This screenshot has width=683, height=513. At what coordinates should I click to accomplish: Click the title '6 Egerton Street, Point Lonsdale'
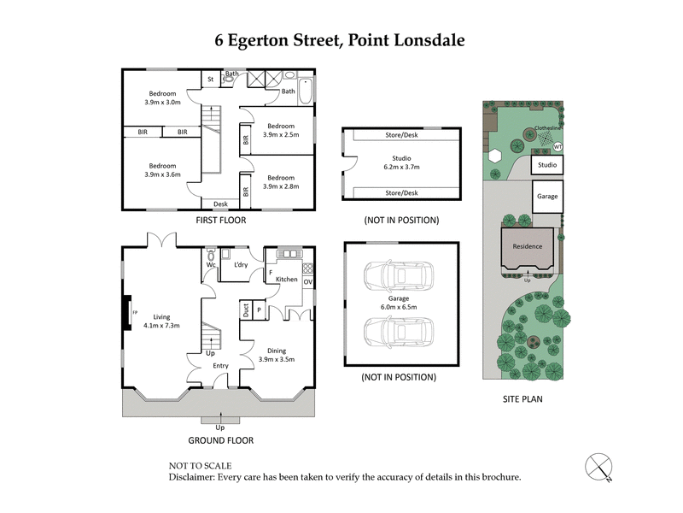click(x=340, y=40)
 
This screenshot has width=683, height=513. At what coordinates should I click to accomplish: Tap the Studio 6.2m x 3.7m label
click(x=401, y=163)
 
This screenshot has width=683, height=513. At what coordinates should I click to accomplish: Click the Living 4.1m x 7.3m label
click(x=161, y=321)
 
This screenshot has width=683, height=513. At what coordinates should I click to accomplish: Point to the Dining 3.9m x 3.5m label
click(x=277, y=355)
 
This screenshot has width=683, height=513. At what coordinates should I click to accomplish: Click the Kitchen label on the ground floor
click(x=286, y=280)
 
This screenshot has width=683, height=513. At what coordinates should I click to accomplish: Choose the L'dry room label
click(x=241, y=265)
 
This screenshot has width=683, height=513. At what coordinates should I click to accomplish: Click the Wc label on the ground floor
click(x=210, y=265)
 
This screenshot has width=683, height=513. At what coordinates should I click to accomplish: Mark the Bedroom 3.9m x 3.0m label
click(x=162, y=98)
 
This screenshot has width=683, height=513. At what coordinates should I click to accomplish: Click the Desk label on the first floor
click(x=220, y=203)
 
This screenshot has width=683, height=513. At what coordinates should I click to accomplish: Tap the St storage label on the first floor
click(x=210, y=80)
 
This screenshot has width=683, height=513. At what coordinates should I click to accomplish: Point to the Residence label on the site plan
click(x=527, y=246)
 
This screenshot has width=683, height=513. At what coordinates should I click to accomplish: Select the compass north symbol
click(x=598, y=467)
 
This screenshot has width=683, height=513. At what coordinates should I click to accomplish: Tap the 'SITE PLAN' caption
click(x=522, y=398)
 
